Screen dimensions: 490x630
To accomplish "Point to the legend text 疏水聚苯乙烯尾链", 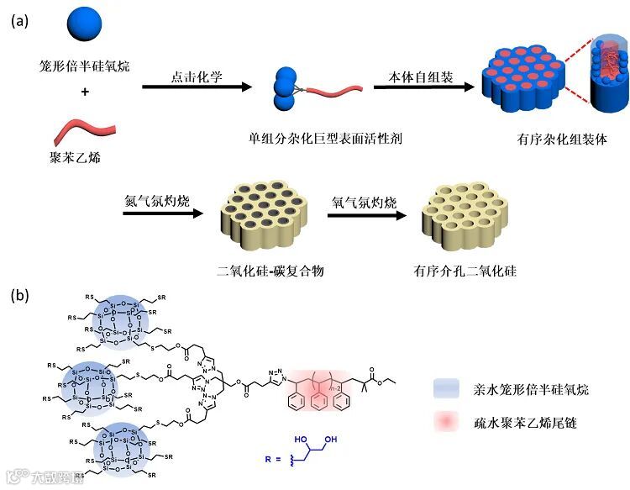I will point(536,424).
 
